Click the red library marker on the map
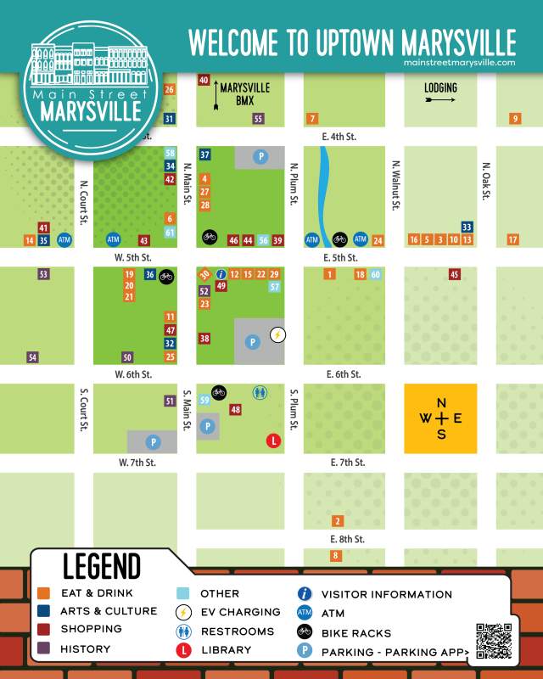click(274, 441)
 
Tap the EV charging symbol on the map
click(277, 334)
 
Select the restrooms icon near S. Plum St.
click(260, 392)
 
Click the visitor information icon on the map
click(221, 274)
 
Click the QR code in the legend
click(494, 641)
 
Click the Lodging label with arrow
click(440, 93)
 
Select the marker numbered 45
click(455, 274)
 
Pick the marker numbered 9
click(515, 119)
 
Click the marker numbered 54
click(33, 357)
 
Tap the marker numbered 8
click(336, 556)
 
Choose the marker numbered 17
click(512, 240)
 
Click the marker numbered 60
click(375, 274)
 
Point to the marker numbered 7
click(313, 118)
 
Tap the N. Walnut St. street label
click(395, 185)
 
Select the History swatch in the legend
click(43, 648)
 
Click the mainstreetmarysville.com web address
click(460, 62)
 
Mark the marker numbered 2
click(338, 521)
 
